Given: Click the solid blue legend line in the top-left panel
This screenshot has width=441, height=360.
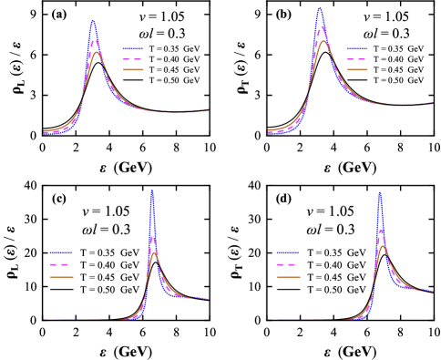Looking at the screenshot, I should (x=133, y=48).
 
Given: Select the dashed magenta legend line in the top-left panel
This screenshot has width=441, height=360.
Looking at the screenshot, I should (x=133, y=58).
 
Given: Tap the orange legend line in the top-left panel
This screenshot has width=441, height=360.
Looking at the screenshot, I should (x=133, y=69).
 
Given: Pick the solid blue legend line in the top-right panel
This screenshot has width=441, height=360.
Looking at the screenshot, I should (x=357, y=48).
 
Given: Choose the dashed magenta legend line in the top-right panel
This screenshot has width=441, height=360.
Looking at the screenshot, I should (x=357, y=58).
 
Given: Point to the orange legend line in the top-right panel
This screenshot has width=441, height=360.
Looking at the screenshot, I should (x=357, y=69).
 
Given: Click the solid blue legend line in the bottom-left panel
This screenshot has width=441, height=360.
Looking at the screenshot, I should (x=61, y=252).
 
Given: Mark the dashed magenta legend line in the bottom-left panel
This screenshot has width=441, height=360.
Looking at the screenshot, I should (x=61, y=264).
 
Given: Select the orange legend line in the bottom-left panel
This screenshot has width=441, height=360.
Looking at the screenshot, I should (x=61, y=276).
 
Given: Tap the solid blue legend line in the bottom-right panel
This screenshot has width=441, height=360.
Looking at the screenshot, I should (x=287, y=252).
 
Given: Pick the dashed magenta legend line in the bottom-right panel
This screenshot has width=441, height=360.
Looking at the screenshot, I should (x=287, y=264).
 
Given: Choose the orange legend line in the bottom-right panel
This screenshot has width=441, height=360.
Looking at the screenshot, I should (x=287, y=276).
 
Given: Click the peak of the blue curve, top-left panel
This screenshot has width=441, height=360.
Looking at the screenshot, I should (x=93, y=20).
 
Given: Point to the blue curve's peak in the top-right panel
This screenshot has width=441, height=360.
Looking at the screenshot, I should (x=320, y=8).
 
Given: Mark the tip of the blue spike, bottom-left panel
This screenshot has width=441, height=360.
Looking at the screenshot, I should (x=152, y=190).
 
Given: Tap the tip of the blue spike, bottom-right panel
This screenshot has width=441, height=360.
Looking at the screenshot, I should (x=379, y=192).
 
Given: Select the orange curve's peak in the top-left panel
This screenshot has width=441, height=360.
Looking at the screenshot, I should (x=96, y=53).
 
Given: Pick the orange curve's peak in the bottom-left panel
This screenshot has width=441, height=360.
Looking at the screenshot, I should (x=155, y=252).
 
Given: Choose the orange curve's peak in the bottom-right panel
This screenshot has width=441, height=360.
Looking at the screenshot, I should (x=383, y=246).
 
